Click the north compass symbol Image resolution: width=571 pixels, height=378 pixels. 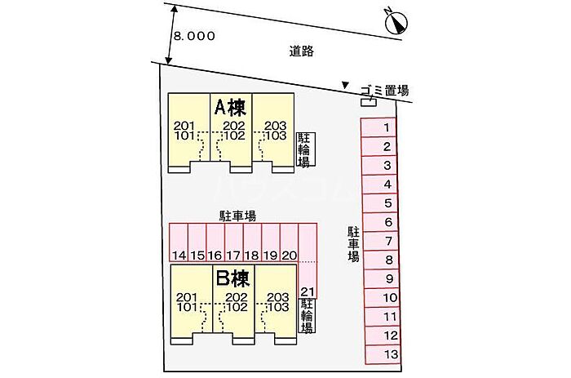[396, 22]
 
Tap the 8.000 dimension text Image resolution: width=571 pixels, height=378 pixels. [194, 36]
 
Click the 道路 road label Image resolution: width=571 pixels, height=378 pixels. [302, 51]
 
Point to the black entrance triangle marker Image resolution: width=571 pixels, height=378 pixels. [344, 85]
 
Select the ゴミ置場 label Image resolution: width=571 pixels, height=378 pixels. [385, 91]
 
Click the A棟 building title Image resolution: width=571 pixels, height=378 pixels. [230, 107]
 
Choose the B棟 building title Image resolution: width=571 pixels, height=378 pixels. [232, 278]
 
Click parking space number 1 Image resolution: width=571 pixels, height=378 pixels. [387, 127]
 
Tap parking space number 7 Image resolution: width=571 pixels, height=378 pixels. [389, 241]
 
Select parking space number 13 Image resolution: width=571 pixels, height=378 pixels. [392, 354]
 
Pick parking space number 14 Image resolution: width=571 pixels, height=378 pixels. [179, 256]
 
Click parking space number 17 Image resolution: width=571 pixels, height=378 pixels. [233, 256]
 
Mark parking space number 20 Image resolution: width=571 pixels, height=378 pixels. [289, 256]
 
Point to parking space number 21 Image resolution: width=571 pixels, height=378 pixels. [308, 292]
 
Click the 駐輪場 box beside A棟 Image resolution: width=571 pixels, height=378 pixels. [305, 149]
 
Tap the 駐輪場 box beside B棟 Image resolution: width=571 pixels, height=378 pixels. [307, 316]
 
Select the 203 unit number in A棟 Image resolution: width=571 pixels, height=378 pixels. [276, 126]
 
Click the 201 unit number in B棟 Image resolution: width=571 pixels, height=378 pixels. [187, 297]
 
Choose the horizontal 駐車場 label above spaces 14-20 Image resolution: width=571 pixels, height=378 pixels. [237, 216]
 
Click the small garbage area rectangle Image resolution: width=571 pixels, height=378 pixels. [369, 102]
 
